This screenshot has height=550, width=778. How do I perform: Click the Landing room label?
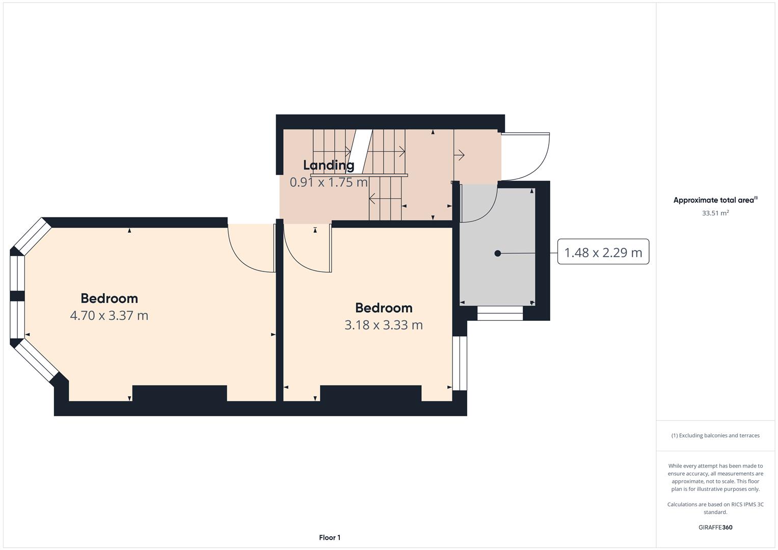pyautogui.click(x=329, y=165)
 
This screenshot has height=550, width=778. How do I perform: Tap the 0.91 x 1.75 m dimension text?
pyautogui.click(x=329, y=182)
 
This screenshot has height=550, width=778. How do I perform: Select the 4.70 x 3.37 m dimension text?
pyautogui.click(x=109, y=316)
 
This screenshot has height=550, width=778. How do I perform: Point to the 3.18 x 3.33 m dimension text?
pyautogui.click(x=384, y=325)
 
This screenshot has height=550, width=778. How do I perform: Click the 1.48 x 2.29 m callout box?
pyautogui.click(x=603, y=252)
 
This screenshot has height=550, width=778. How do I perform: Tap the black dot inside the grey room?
pyautogui.click(x=498, y=253)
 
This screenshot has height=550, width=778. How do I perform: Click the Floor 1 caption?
pyautogui.click(x=330, y=537)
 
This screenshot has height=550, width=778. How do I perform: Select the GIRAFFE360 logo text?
pyautogui.click(x=715, y=527)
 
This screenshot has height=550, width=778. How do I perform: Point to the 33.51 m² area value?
pyautogui.click(x=715, y=213)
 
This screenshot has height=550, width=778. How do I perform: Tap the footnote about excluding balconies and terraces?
pyautogui.click(x=715, y=435)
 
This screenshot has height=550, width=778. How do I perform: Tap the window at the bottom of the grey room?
pyautogui.click(x=500, y=313)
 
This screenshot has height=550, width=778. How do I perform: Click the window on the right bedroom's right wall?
pyautogui.click(x=460, y=363)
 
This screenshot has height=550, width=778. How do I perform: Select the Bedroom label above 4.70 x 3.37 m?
pyautogui.click(x=109, y=298)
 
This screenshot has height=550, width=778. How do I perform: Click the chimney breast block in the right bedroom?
pyautogui.click(x=370, y=393)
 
